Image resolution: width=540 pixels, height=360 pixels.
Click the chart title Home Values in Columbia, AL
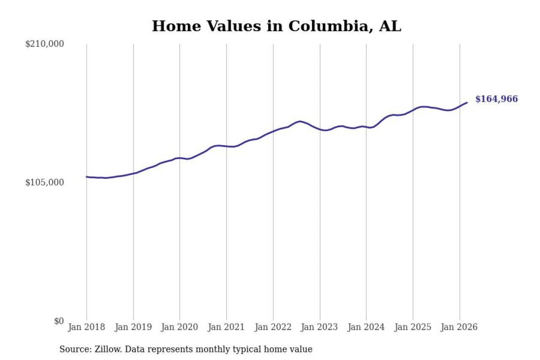tap(276, 26)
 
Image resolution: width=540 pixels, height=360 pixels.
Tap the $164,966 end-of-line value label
tap(496, 99)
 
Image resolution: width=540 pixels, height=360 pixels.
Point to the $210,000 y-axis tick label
tap(45, 44)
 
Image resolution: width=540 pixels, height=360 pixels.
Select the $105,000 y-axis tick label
tap(45, 182)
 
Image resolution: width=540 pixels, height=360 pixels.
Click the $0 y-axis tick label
tap(59, 321)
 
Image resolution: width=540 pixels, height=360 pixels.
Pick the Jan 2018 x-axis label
tap(87, 327)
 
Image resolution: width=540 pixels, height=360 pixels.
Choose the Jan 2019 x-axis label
tap(133, 327)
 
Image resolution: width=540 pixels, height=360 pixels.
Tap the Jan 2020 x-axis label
tap(180, 327)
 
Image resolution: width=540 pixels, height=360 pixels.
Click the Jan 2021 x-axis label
tap(227, 327)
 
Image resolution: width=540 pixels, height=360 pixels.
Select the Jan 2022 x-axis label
tap(273, 327)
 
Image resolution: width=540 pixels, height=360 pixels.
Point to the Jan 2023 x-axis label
tap(320, 327)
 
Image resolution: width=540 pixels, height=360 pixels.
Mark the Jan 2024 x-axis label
tap(366, 327)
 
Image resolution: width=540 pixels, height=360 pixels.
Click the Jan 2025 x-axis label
tap(413, 327)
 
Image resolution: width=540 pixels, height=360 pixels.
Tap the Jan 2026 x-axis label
tap(459, 327)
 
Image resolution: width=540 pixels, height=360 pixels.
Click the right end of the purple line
tap(467, 103)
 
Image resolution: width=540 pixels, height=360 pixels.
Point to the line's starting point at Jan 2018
tap(87, 177)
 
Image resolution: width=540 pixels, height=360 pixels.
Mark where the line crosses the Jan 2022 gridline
tap(273, 131)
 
